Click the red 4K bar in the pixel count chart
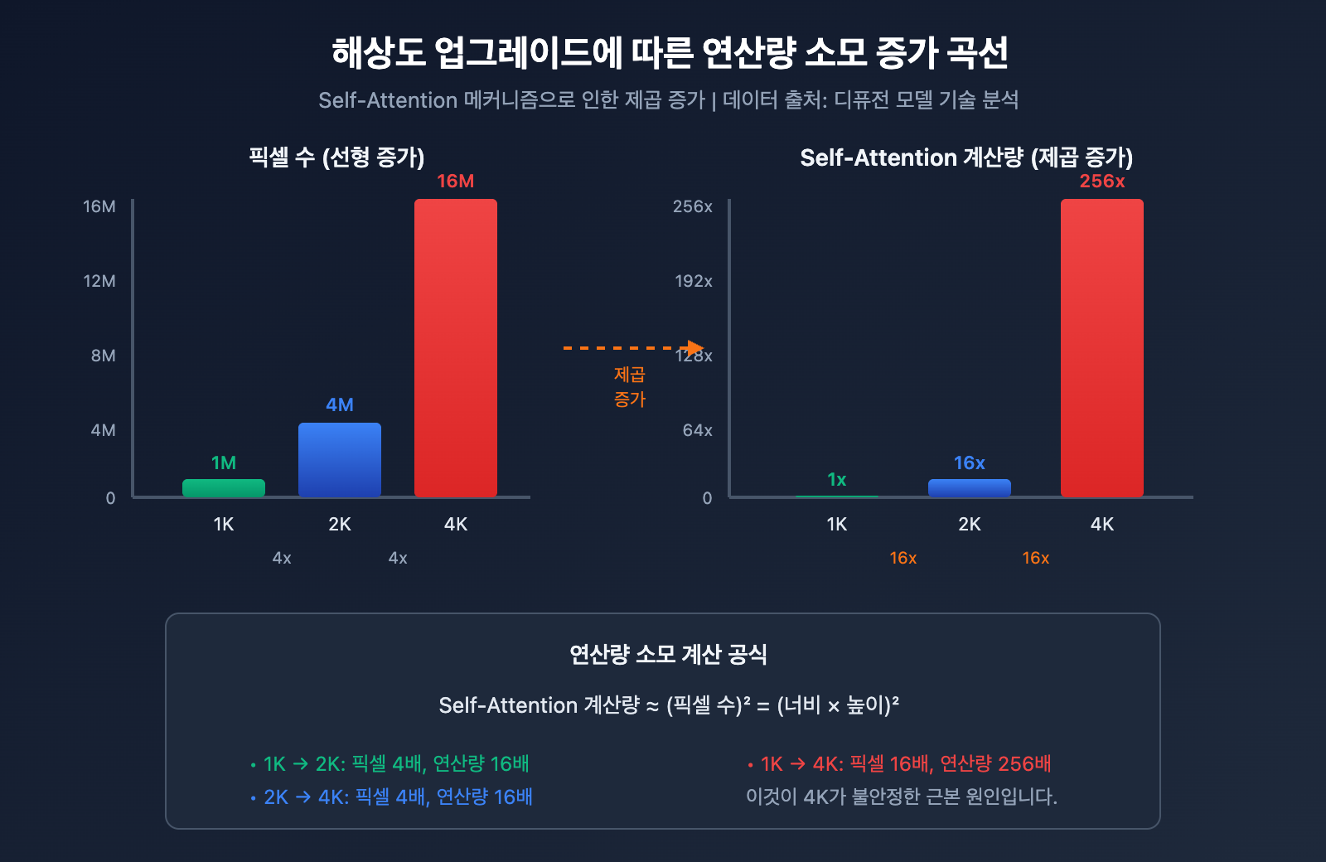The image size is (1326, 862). [456, 348]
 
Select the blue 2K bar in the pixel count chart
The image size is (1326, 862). [340, 460]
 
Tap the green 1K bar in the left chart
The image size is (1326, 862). [224, 488]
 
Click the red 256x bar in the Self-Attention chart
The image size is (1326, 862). [1102, 348]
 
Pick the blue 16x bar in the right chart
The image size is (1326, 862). [970, 488]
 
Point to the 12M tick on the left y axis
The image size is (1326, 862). [99, 281]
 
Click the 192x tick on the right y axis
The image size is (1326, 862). [693, 281]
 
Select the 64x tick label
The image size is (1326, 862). [697, 430]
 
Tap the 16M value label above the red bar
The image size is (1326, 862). [456, 181]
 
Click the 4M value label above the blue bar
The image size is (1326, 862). [340, 404]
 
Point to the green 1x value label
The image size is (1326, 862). [837, 479]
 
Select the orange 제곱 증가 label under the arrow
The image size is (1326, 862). [630, 387]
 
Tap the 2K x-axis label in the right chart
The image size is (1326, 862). [970, 524]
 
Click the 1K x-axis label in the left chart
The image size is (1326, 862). [224, 524]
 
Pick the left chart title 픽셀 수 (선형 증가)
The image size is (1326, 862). [336, 157]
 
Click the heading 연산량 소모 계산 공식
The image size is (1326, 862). [668, 655]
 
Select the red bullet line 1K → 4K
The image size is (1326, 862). [899, 763]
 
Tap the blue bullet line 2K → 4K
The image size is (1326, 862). [392, 797]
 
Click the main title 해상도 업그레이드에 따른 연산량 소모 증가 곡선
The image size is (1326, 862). [670, 53]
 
